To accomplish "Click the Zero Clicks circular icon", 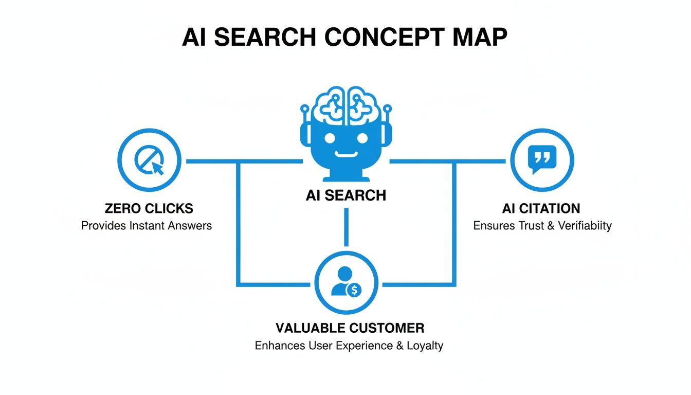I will (x=149, y=160).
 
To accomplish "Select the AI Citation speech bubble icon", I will (x=541, y=160).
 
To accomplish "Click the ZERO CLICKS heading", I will (x=149, y=208).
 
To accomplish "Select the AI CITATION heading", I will (x=541, y=208).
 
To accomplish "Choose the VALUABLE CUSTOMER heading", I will (x=350, y=328).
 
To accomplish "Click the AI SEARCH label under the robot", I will (x=345, y=195).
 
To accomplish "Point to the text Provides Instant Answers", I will (x=147, y=225).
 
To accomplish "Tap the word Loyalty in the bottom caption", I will (x=425, y=345).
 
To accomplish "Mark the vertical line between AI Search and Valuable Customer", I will (x=346, y=226).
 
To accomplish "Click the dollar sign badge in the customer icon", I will (x=354, y=290).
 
